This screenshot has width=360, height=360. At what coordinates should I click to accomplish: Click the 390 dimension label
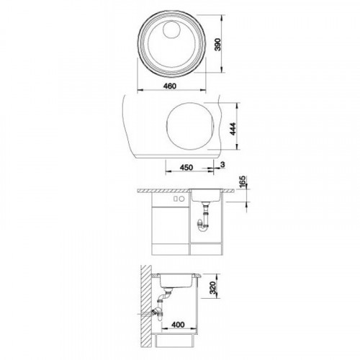pos(217,44)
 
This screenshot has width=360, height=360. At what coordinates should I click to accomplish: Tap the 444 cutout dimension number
pos(233,129)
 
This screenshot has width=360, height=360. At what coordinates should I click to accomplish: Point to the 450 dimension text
pos(186,167)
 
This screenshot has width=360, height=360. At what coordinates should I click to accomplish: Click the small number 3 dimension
pos(222,165)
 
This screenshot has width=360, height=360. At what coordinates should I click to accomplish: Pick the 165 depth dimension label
pos(243,182)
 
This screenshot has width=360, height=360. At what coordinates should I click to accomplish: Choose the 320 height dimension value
pos(213,288)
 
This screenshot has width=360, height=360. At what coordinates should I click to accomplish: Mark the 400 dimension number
pos(179,325)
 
